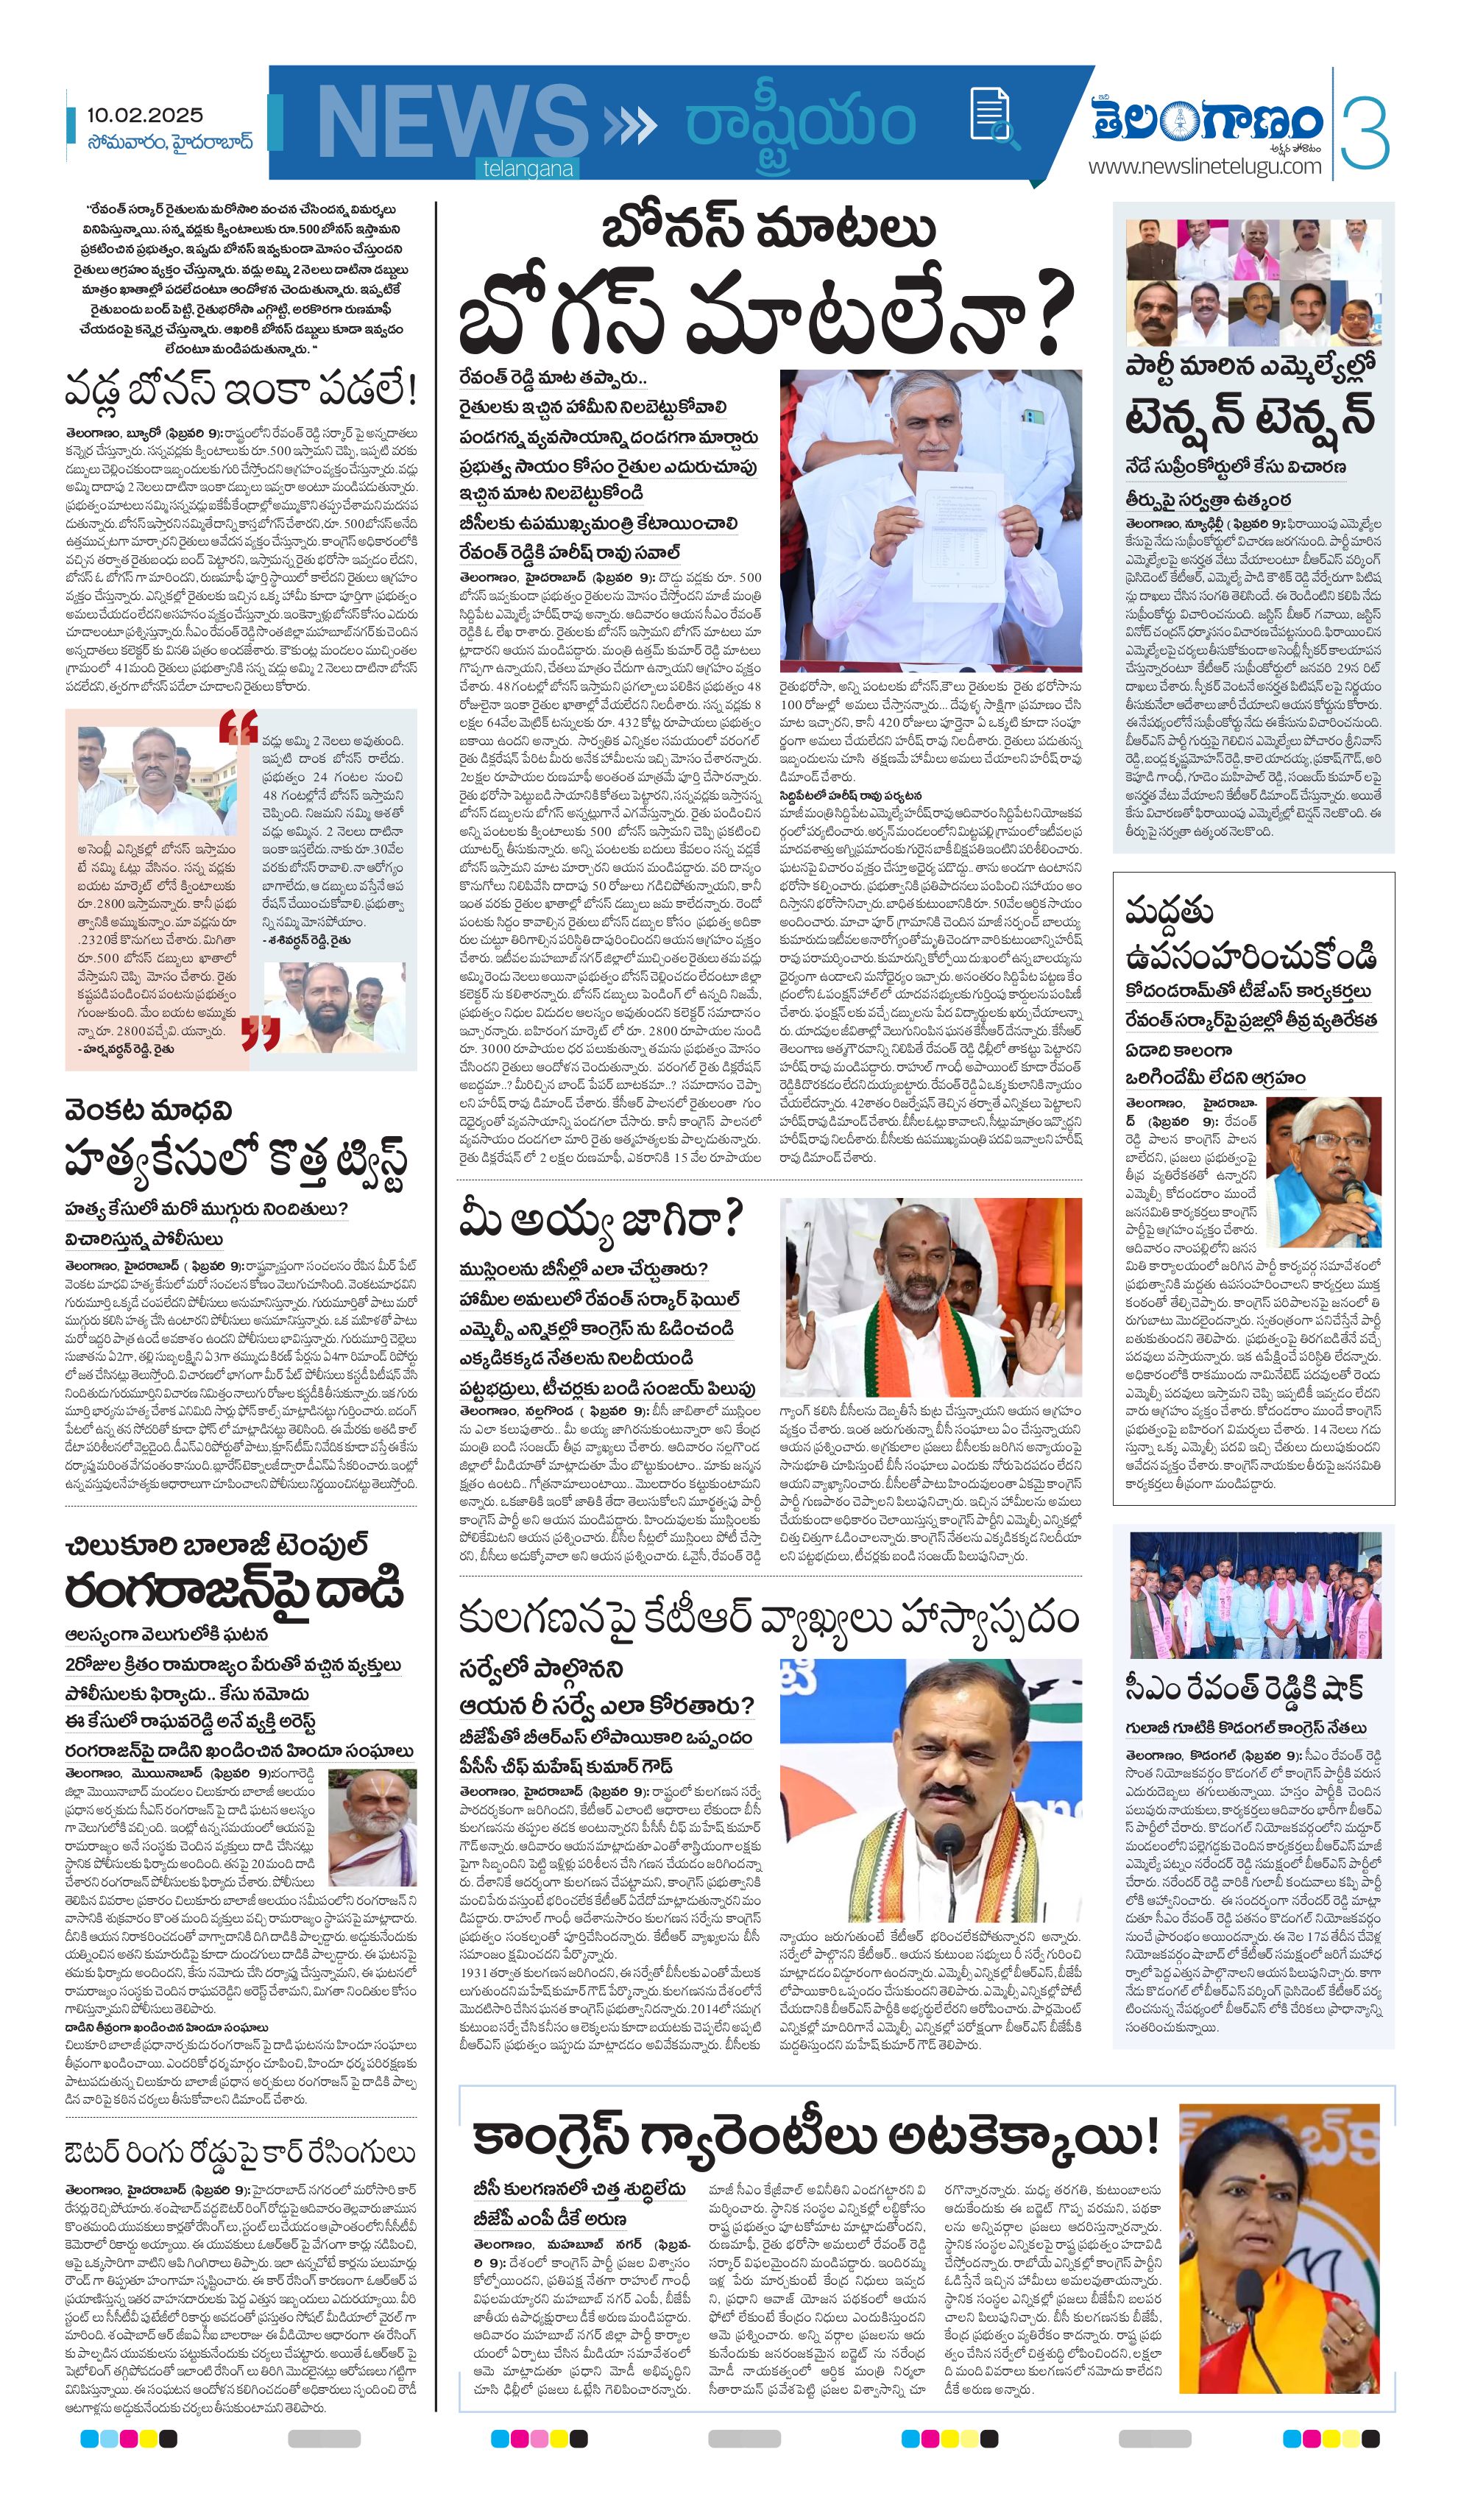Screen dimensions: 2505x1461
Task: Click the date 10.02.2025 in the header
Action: click(x=144, y=116)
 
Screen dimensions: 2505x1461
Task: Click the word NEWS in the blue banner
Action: click(x=452, y=121)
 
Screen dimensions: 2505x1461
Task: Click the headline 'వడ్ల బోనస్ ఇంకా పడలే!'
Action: click(x=241, y=389)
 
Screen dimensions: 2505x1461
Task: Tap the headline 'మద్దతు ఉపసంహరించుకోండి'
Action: click(x=1250, y=934)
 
